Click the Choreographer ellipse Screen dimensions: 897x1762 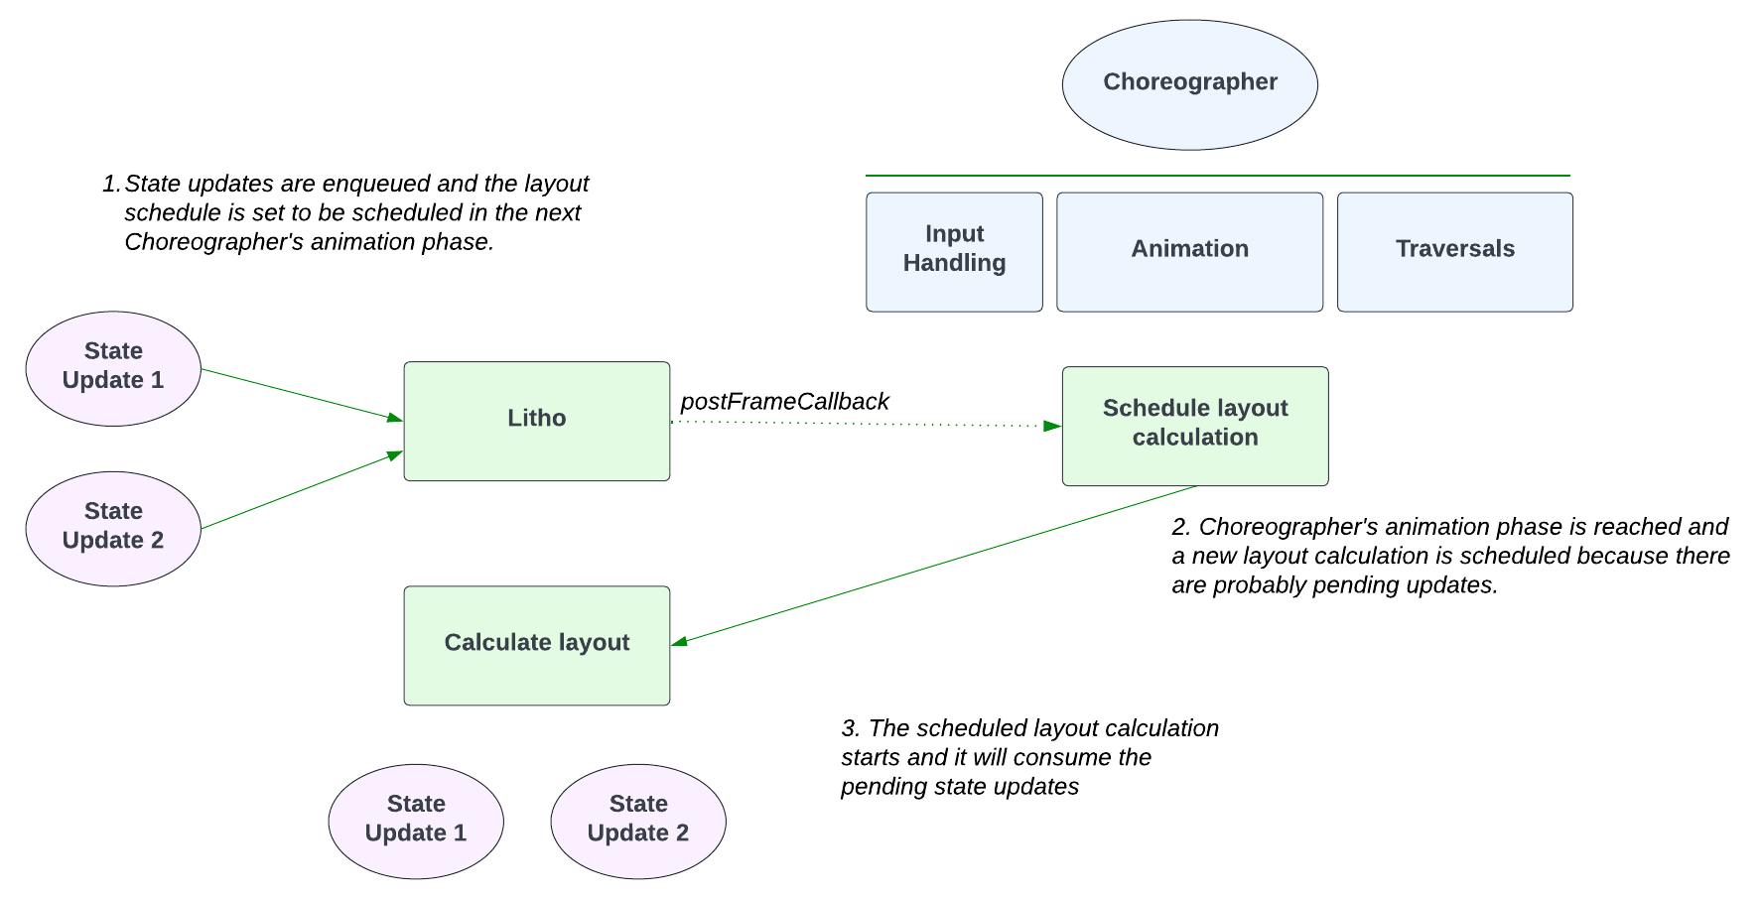[1189, 84]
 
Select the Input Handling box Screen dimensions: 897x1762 [954, 252]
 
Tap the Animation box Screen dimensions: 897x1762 [1189, 252]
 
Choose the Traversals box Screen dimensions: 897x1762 [1454, 252]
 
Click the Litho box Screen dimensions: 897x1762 [536, 421]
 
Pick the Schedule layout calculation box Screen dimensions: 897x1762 [1194, 426]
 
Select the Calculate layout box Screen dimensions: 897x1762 [536, 645]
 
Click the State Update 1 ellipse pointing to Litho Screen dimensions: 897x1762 [113, 368]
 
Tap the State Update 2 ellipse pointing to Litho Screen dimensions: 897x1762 [113, 528]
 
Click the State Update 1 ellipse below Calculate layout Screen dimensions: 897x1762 [416, 821]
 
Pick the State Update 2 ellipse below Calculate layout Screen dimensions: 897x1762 [637, 821]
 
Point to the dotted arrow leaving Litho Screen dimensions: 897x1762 [864, 424]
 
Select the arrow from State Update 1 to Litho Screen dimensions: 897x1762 [298, 394]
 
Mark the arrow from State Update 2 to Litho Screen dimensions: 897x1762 [298, 491]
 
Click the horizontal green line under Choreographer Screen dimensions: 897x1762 [1217, 176]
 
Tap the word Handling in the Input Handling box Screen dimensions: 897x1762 [954, 263]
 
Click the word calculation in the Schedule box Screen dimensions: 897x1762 [1194, 438]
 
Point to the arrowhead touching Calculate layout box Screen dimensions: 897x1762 [680, 642]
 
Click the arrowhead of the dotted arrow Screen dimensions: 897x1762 [1052, 426]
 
